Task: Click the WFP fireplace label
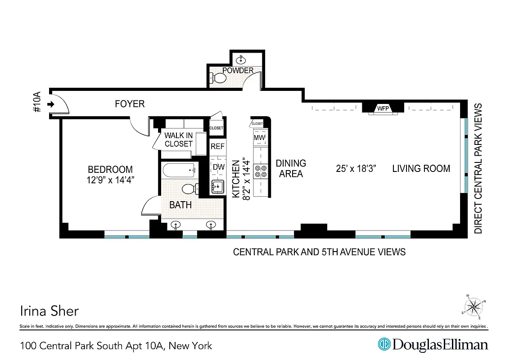(x=383, y=108)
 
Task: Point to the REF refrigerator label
(x=218, y=146)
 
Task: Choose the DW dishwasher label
(x=218, y=167)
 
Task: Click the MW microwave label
(x=259, y=137)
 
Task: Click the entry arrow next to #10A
(x=51, y=104)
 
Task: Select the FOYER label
(x=130, y=104)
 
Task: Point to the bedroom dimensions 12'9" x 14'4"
(x=110, y=179)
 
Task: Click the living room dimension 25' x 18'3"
(x=356, y=169)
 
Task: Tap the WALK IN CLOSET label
(x=178, y=139)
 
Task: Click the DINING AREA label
(x=291, y=168)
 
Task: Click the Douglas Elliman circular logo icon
(x=384, y=345)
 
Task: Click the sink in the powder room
(x=242, y=59)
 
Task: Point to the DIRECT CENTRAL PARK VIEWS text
(x=478, y=169)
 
